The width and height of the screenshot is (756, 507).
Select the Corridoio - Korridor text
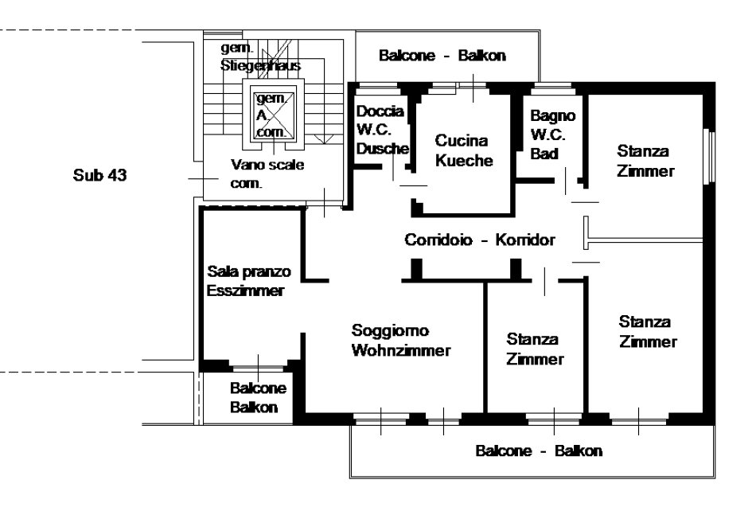click(479, 240)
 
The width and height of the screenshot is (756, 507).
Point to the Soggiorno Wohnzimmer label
click(401, 340)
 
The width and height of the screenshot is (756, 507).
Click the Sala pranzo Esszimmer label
click(248, 281)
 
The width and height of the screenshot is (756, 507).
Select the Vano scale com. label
click(267, 174)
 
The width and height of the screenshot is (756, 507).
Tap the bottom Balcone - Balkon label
click(539, 450)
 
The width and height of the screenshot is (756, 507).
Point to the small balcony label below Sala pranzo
click(253, 398)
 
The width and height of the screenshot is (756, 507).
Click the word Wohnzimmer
click(401, 350)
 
